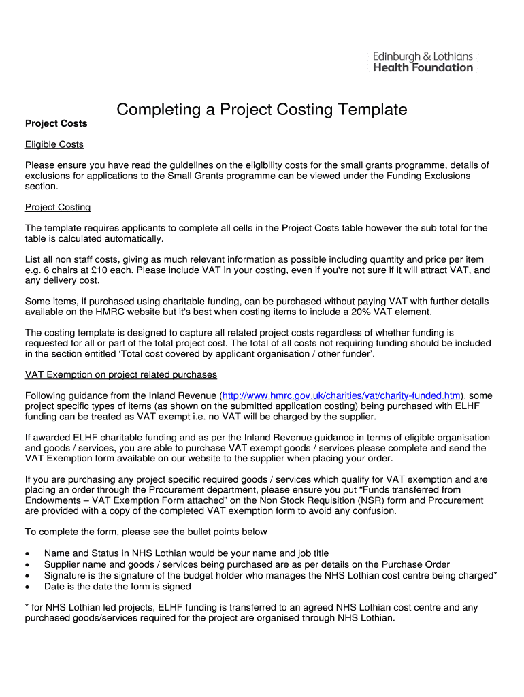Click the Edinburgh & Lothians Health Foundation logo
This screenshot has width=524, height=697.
[423, 62]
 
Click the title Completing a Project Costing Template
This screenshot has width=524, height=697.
[261, 110]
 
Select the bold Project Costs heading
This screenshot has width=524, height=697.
[56, 123]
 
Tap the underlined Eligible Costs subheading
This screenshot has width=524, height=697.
[54, 144]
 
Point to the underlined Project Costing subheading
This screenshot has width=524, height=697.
[58, 207]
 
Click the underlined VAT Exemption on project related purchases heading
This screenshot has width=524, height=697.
[121, 374]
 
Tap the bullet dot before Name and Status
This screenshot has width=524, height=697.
[27, 554]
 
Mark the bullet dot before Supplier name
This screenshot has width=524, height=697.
[27, 565]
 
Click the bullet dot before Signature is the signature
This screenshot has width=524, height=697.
[27, 576]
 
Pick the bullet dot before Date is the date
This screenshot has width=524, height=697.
[27, 587]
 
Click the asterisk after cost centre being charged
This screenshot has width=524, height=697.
[495, 574]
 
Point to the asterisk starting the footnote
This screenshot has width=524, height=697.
[27, 607]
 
